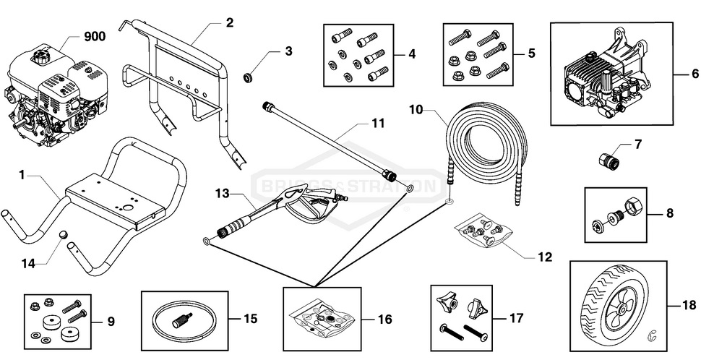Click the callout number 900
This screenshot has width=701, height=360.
tap(95, 37)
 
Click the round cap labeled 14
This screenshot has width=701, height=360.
tap(62, 236)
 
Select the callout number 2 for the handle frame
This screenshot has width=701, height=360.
tap(229, 22)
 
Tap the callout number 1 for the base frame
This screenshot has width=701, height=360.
tap(22, 174)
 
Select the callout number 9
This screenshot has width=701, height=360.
tap(111, 321)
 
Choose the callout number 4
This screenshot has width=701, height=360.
tap(411, 53)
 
